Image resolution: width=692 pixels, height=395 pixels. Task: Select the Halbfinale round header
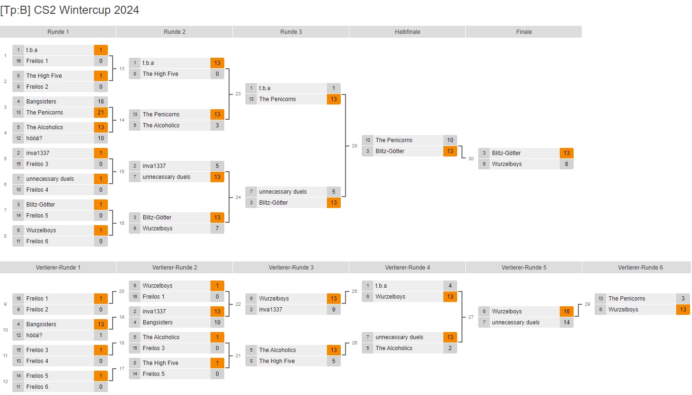point(407,32)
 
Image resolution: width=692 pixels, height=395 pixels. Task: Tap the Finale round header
point(524,32)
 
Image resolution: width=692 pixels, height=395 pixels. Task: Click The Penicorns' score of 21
point(101,113)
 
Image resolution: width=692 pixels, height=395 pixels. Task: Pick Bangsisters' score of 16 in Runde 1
point(101,102)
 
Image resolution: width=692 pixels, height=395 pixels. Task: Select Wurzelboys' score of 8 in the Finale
point(566,164)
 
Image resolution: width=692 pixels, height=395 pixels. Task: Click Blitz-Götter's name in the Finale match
point(506,153)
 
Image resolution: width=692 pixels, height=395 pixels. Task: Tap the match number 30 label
point(471,159)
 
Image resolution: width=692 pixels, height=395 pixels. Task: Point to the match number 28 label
point(355,146)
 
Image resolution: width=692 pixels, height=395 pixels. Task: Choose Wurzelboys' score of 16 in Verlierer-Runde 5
point(566,312)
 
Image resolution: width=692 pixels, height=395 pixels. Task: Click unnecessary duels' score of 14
point(566,322)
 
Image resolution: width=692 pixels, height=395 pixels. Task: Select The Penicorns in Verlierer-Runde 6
point(627,299)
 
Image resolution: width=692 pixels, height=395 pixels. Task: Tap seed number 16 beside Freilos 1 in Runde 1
point(18,61)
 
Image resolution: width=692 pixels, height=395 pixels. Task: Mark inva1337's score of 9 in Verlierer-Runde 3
point(334,310)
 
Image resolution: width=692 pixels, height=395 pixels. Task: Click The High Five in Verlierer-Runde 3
point(277,361)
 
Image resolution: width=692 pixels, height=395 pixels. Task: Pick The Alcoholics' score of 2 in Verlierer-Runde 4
point(450,348)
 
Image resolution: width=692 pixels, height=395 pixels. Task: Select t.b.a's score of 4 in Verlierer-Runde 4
point(450,286)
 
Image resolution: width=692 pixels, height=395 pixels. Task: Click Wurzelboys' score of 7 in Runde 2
point(217,229)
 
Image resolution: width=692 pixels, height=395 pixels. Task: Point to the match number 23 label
point(238,94)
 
